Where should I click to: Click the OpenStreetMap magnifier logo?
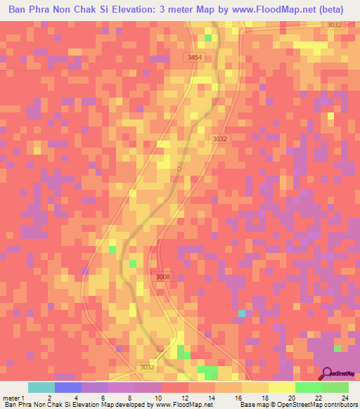pyautogui.click(x=328, y=372)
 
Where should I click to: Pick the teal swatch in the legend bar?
pyautogui.click(x=41, y=387)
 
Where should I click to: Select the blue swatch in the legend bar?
pyautogui.click(x=68, y=387)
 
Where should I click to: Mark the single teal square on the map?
pyautogui.click(x=243, y=313)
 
